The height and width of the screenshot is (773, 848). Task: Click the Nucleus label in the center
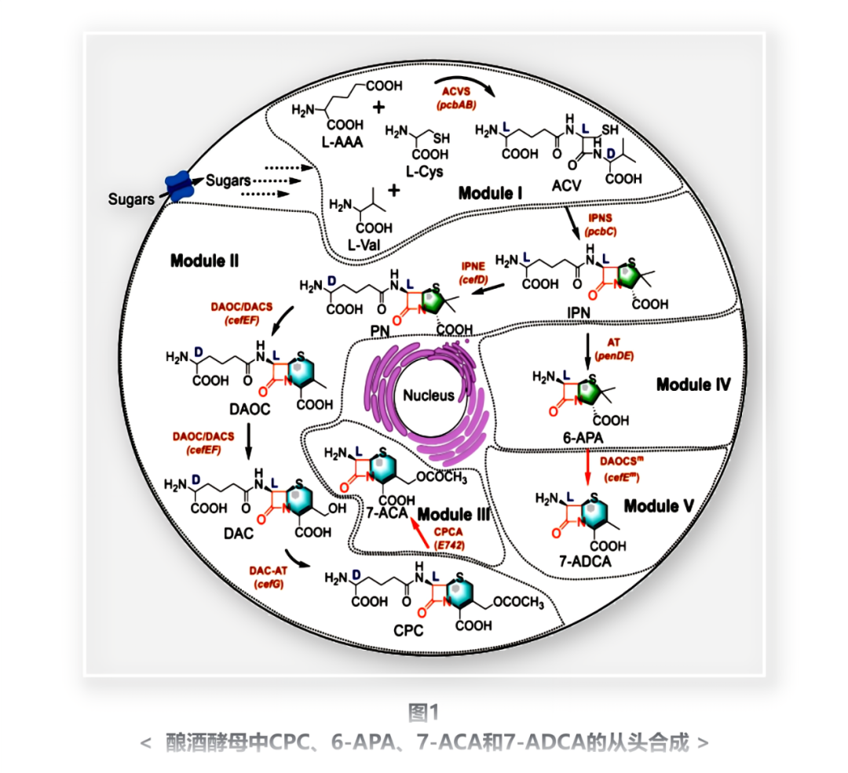click(429, 395)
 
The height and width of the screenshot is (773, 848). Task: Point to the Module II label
click(205, 260)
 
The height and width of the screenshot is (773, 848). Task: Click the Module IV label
click(693, 385)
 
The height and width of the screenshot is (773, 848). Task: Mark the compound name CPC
click(407, 630)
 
